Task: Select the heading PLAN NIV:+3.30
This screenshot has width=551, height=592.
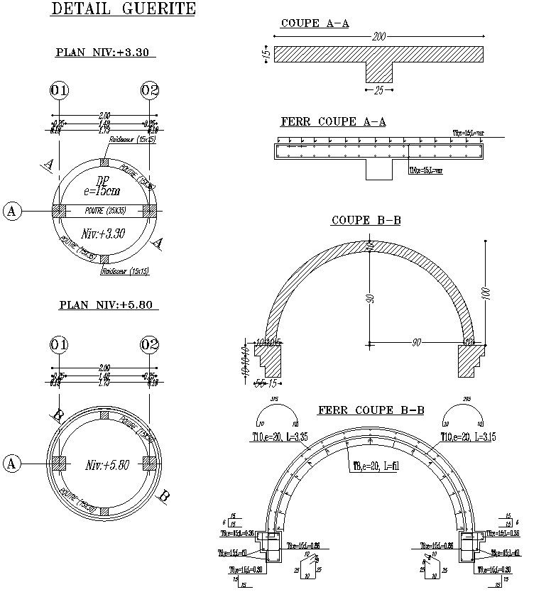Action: tap(105, 53)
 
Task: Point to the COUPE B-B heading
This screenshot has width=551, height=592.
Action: tap(366, 221)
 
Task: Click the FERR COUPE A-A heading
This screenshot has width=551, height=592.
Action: tap(333, 122)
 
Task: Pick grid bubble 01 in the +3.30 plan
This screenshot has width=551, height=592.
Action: tap(60, 91)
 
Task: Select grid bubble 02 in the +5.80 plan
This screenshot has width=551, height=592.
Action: tap(150, 346)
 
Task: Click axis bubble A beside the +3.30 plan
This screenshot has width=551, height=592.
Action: tap(11, 211)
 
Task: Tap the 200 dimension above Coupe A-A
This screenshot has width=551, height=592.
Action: tap(379, 37)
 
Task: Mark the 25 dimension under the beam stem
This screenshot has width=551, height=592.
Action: tap(378, 91)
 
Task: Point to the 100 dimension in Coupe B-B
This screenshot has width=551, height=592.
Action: tap(486, 293)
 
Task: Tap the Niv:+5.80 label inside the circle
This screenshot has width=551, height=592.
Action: tap(107, 466)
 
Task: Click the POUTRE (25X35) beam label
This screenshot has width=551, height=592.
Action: tap(105, 212)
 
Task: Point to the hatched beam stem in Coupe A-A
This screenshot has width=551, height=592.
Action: tap(378, 72)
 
